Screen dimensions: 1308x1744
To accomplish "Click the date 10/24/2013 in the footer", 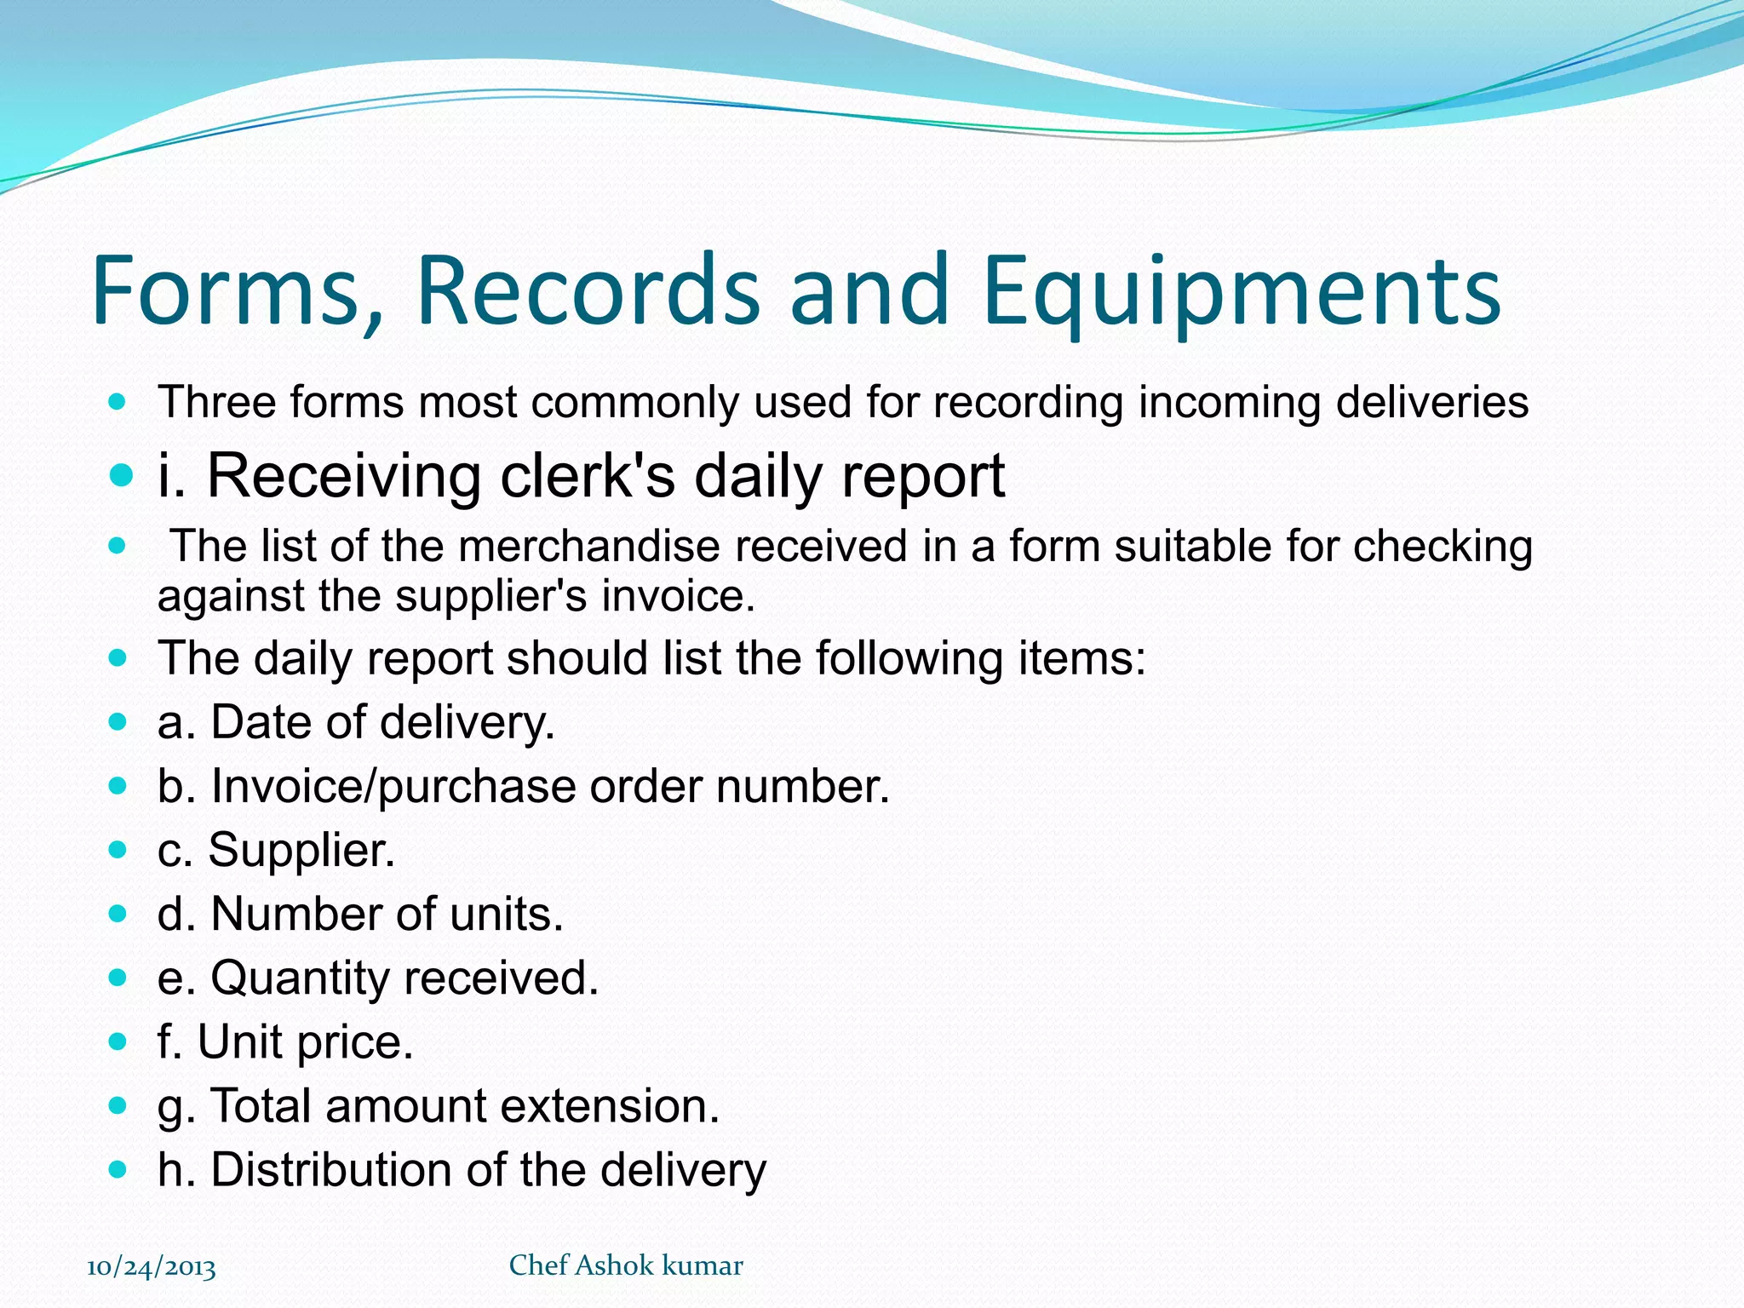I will point(152,1267).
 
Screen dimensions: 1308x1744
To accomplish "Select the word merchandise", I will point(588,546).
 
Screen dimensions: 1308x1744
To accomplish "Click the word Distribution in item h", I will point(330,1169).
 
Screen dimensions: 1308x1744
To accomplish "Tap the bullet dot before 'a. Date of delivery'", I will point(118,723).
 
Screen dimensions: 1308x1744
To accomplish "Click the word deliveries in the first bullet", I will point(1431,402).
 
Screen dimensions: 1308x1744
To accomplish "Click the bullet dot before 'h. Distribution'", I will point(118,1170).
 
